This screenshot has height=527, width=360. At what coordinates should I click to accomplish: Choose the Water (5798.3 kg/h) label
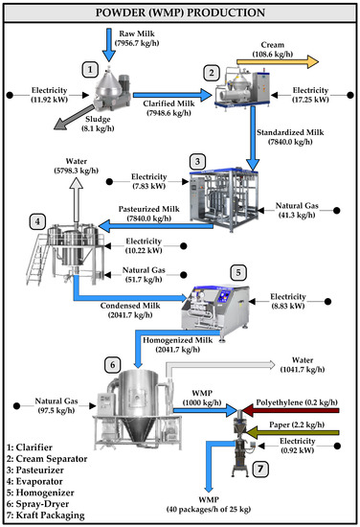point(79,171)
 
